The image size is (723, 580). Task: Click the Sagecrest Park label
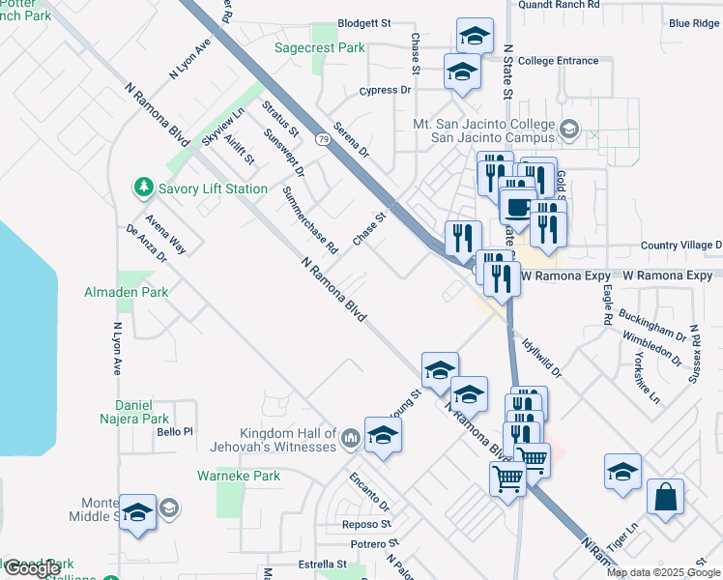[319, 46]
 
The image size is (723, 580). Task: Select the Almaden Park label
[127, 292]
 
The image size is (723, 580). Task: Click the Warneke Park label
[238, 476]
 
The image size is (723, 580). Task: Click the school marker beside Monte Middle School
[137, 512]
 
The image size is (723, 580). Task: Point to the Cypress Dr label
[385, 90]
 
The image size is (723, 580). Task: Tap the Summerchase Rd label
[309, 220]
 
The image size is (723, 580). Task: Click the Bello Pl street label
[176, 431]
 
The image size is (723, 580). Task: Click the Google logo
[32, 569]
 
